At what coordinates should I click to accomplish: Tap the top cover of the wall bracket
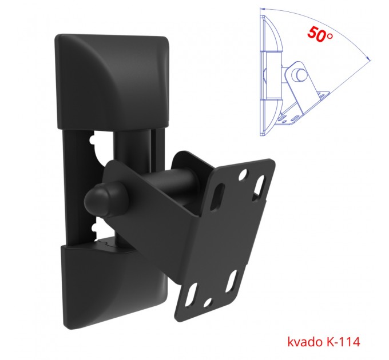[x=112, y=82]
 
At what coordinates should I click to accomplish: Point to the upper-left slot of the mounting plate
[x=217, y=197]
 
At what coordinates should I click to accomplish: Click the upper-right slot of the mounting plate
[x=259, y=187]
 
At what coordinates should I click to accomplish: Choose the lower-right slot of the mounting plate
[x=231, y=282]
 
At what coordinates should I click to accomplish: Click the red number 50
[x=316, y=34]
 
